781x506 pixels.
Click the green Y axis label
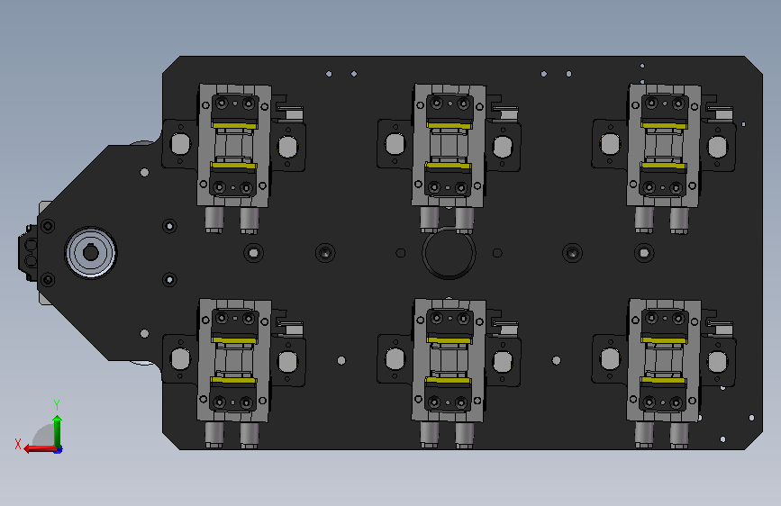point(57,404)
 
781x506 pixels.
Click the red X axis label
point(18,444)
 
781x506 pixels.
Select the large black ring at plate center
point(449,253)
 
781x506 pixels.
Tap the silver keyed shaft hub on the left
point(91,253)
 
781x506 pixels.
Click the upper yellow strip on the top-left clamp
point(234,125)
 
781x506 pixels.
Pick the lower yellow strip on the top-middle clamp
point(448,165)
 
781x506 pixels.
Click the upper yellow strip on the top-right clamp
point(665,125)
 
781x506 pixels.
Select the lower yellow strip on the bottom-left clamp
point(232,380)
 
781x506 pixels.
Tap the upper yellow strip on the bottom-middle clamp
point(450,340)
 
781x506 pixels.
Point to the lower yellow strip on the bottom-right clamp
point(662,380)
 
